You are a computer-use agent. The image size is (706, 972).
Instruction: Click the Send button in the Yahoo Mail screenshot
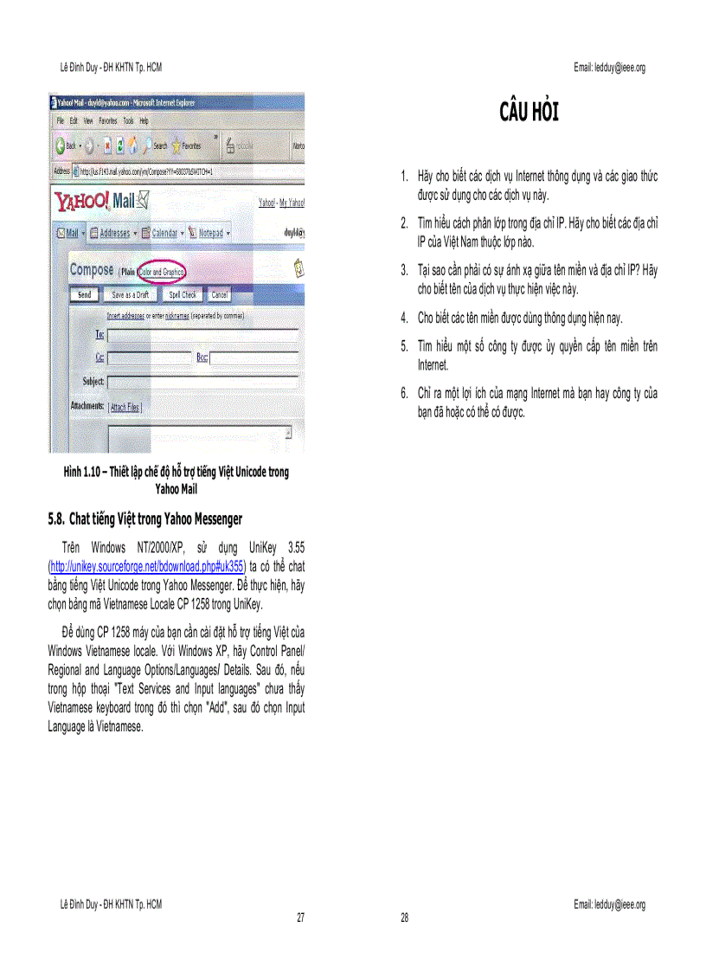tap(84, 295)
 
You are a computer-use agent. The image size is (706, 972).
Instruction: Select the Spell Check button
tap(183, 295)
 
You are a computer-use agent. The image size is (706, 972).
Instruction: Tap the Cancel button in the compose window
tap(220, 295)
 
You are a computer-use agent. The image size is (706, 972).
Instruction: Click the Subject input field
tap(203, 381)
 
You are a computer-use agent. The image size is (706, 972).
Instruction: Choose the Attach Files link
tap(125, 407)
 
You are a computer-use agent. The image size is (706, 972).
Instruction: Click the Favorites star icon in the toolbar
tap(176, 145)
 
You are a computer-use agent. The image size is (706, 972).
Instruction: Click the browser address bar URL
tap(147, 171)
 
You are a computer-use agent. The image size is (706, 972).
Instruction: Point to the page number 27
tap(300, 917)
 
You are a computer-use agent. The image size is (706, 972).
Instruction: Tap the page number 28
tap(404, 917)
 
